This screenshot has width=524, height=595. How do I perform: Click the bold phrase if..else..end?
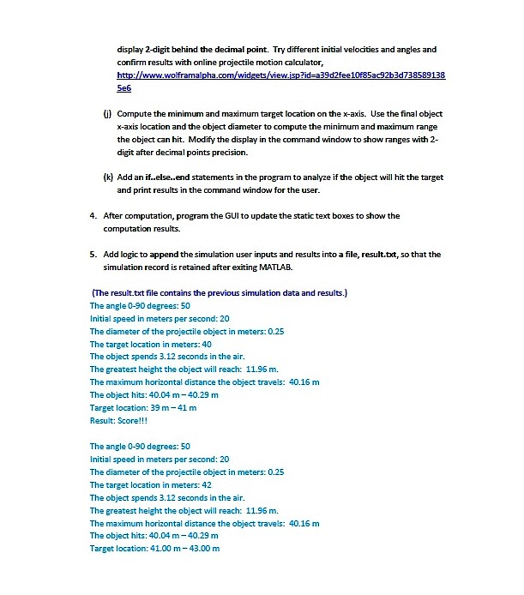tap(168, 177)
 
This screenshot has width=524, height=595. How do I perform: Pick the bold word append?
tap(167, 255)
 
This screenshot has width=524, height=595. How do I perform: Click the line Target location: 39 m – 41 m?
tap(143, 407)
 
